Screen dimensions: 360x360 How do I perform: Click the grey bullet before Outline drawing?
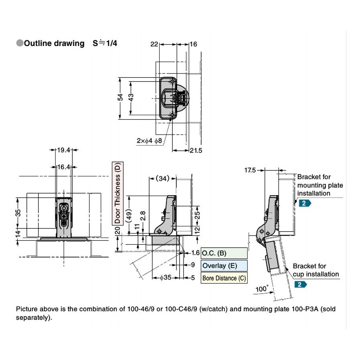click(20, 43)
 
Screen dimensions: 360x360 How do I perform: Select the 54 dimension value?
click(120, 97)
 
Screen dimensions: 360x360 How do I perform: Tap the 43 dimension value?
click(131, 97)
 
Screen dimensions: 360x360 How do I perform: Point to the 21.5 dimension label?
click(196, 151)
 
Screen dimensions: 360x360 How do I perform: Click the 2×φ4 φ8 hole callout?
click(149, 140)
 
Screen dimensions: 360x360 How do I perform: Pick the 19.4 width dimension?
click(64, 150)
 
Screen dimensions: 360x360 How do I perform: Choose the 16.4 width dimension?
click(64, 167)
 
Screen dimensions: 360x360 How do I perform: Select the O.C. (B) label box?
click(224, 253)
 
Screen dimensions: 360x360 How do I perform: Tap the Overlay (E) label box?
click(224, 266)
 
